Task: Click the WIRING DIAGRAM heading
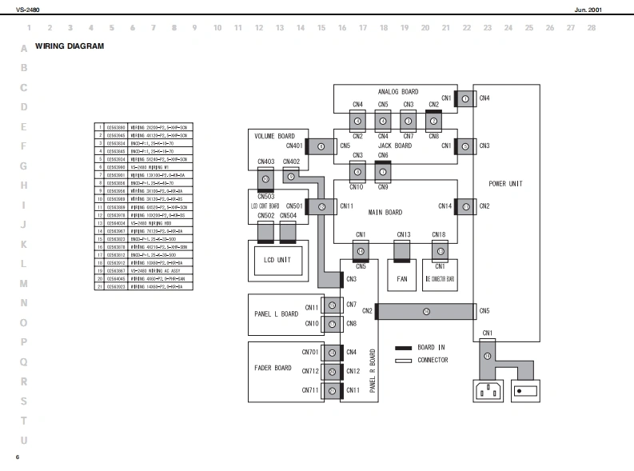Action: (70, 46)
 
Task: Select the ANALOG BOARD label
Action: (397, 92)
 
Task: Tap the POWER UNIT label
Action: (505, 183)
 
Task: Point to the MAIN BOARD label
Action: (385, 213)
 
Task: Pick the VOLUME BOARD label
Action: (274, 136)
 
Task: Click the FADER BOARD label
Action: (272, 368)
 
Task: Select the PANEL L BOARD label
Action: (276, 313)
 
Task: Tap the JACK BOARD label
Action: (394, 146)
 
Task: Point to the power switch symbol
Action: (524, 392)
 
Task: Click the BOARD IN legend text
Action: (433, 348)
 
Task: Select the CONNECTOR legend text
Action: (433, 360)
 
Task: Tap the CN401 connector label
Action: (294, 146)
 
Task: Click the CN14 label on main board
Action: (445, 206)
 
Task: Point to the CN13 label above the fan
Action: (404, 234)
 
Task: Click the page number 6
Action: (17, 457)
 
